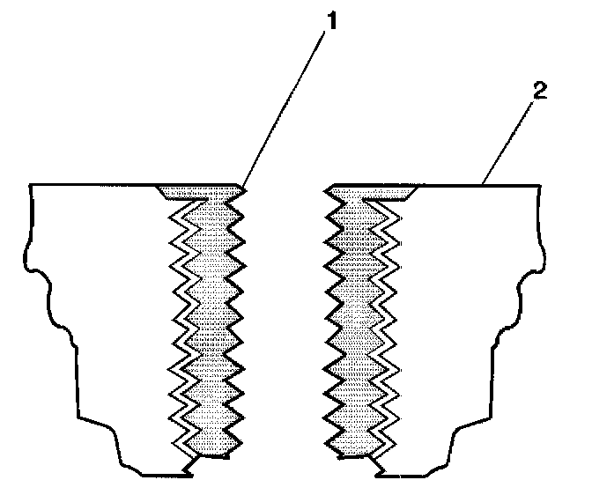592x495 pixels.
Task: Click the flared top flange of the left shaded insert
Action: [198, 191]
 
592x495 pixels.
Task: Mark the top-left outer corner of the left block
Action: [31, 185]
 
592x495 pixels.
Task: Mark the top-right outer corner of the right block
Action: [540, 185]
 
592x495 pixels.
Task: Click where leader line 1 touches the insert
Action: [244, 187]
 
